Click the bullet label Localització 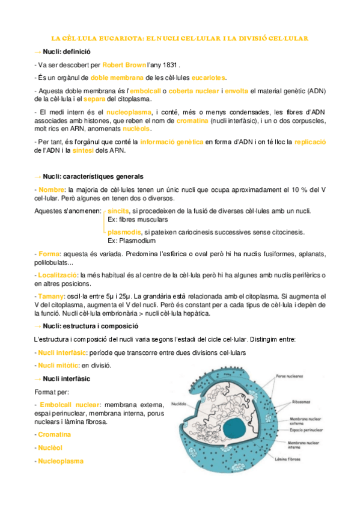58,275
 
